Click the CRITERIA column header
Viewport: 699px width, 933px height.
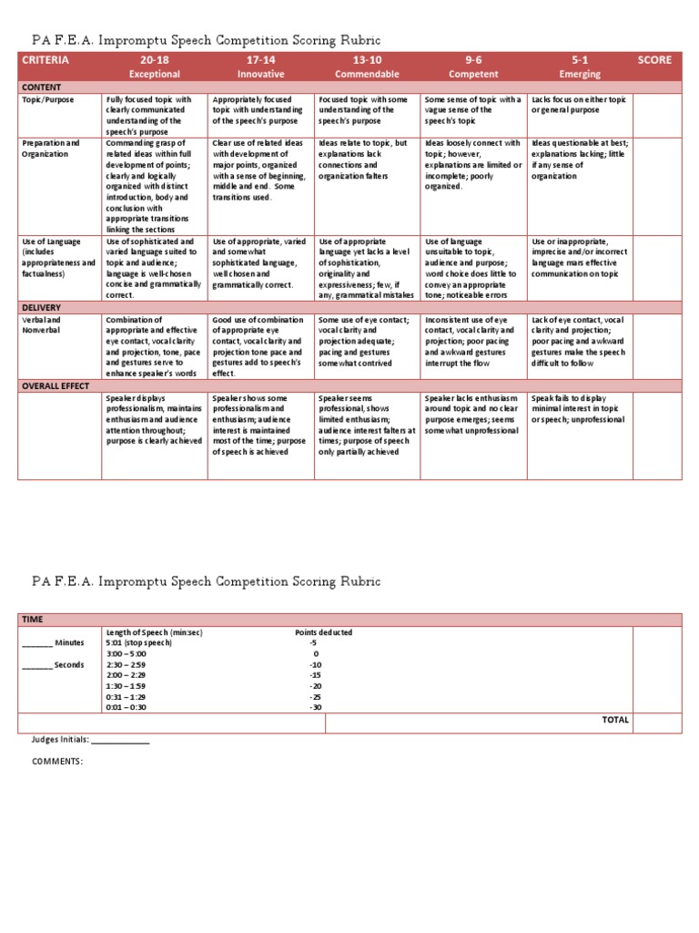pos(45,60)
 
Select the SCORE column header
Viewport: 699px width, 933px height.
pos(654,60)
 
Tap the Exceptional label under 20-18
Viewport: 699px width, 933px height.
pos(155,74)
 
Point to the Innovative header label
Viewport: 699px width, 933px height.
pos(260,74)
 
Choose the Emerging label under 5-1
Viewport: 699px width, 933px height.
pos(579,74)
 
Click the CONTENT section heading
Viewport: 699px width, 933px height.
pos(42,87)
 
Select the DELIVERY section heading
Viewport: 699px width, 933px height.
pos(41,308)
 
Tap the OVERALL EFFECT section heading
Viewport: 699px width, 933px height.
pos(56,386)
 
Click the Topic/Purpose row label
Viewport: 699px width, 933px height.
pos(48,99)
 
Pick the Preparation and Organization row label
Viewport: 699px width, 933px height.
pos(51,149)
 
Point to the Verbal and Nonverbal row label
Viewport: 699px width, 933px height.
pos(43,325)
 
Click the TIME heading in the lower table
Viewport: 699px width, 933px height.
pos(33,620)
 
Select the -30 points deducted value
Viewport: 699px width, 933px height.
pos(314,707)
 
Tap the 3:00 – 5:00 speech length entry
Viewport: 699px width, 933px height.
pos(126,654)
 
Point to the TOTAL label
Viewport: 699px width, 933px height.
pos(615,720)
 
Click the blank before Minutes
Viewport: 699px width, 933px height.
pos(36,643)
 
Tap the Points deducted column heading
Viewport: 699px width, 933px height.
pos(323,632)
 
